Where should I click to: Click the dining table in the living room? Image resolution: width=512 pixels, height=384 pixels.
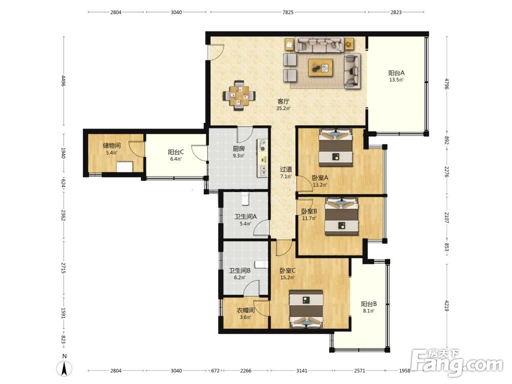point(239,96)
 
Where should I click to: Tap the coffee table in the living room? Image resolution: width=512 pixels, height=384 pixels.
point(321,68)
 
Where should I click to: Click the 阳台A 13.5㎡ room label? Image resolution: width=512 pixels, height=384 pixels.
point(396,76)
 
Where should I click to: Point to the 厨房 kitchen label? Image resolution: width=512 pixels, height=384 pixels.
point(239,148)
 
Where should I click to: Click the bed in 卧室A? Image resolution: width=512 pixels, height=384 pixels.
point(336,147)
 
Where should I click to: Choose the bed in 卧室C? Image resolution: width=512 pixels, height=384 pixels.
point(306,309)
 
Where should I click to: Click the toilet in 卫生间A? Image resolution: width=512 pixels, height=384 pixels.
point(245,198)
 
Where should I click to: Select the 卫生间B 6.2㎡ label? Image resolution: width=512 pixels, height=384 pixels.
point(240,274)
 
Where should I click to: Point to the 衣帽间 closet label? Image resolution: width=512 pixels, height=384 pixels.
point(246,310)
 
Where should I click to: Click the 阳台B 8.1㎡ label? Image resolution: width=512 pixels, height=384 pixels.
point(369,307)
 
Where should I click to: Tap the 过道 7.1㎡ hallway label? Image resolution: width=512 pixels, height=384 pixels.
point(286,173)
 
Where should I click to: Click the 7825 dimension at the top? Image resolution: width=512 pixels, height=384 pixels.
point(288,12)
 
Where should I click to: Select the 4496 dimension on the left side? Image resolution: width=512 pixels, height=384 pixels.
point(63,81)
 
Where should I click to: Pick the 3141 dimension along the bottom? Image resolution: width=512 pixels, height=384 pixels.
point(302,371)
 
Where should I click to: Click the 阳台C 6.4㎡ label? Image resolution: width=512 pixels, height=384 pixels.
point(176,156)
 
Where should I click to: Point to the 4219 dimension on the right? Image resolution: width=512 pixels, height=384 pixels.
point(446,305)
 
